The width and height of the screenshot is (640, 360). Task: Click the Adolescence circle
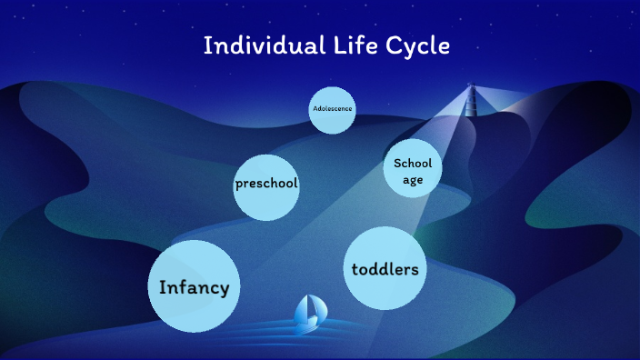[x=331, y=110]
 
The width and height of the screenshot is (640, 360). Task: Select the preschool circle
[x=266, y=186]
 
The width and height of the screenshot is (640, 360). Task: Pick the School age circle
[x=413, y=171]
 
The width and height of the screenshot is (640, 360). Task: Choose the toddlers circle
[x=385, y=268]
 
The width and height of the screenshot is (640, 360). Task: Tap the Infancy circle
[x=194, y=287]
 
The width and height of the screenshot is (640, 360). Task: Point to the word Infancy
[x=194, y=287]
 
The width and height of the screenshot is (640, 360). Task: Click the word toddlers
[x=385, y=269]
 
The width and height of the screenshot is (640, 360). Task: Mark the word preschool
[x=266, y=184]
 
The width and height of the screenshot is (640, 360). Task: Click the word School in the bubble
[x=413, y=164]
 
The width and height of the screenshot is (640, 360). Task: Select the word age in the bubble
[x=413, y=180]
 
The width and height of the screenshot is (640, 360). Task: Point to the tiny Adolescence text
[x=332, y=109]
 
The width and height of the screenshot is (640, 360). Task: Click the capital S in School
[x=397, y=164]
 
